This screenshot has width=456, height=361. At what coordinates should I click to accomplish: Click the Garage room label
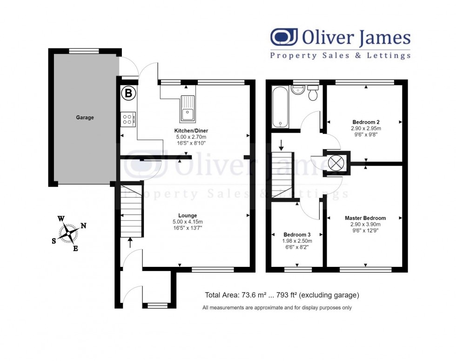(x=85, y=118)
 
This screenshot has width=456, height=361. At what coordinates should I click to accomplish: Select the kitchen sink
(x=188, y=108)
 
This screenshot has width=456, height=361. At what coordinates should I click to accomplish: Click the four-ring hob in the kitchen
(x=128, y=119)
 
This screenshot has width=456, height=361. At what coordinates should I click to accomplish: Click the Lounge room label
(x=187, y=216)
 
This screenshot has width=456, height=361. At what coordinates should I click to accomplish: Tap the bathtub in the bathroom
(x=280, y=107)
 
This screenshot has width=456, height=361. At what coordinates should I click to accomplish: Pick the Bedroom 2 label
(x=366, y=122)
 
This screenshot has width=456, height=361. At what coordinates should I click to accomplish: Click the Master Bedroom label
(x=365, y=218)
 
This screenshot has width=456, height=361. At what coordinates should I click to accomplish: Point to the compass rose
(x=69, y=233)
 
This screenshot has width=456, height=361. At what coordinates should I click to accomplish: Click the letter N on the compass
(x=84, y=226)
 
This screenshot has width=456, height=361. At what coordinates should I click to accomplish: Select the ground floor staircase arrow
(x=130, y=242)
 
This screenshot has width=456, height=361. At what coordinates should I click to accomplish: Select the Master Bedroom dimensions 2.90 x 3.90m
(x=365, y=225)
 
